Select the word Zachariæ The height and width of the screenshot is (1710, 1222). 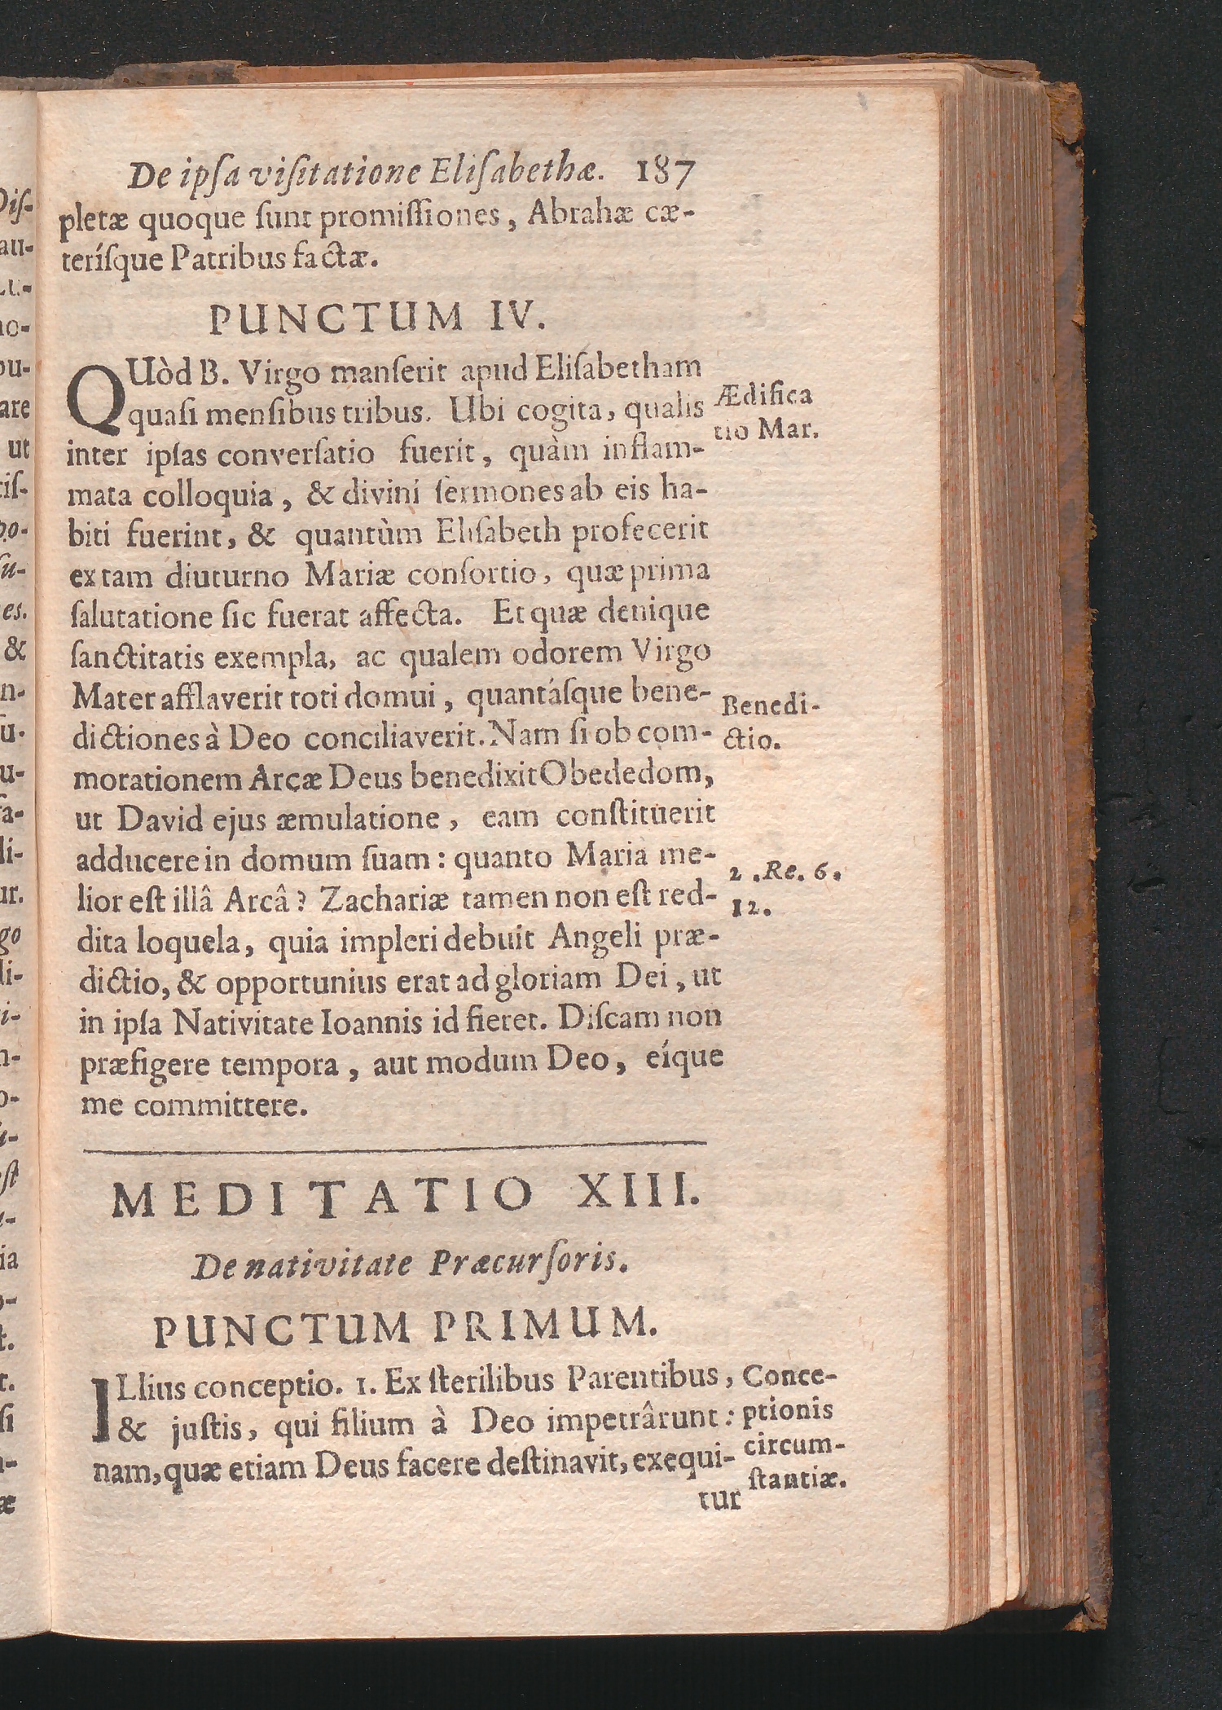tap(382, 899)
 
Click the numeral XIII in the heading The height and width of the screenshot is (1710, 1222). tap(637, 1197)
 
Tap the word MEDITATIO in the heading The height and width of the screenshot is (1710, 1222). tap(322, 1198)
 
